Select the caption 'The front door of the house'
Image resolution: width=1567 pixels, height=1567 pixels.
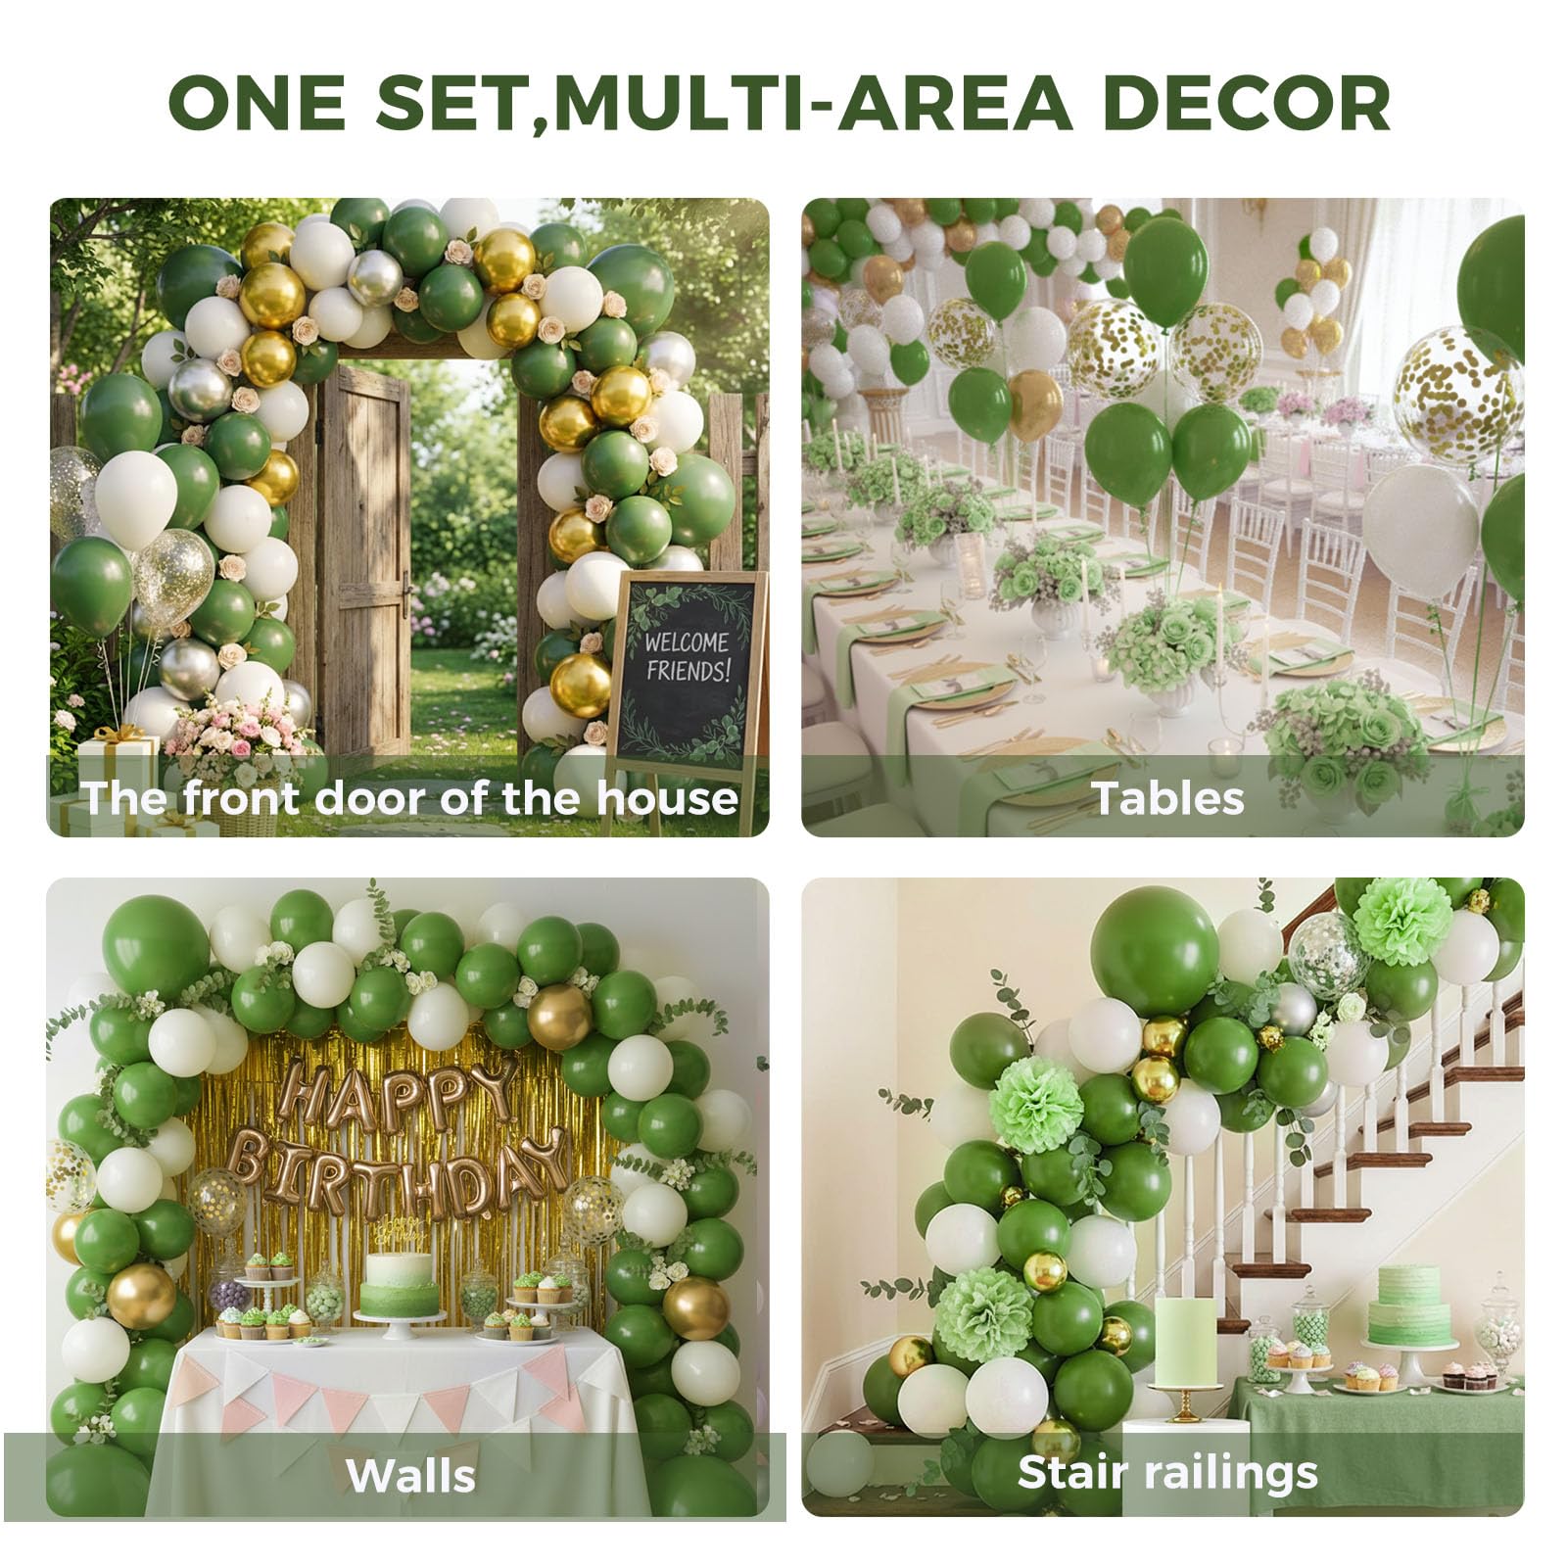[409, 797]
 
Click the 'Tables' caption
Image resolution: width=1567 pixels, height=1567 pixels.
[1167, 797]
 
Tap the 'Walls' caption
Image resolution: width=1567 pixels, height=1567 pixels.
[411, 1475]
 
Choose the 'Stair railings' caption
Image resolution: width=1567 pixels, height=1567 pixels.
[1167, 1472]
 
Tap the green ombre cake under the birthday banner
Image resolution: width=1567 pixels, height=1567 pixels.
[399, 1283]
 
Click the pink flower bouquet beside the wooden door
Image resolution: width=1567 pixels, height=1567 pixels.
[235, 730]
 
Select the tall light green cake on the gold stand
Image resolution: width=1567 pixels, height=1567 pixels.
[1189, 1342]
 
